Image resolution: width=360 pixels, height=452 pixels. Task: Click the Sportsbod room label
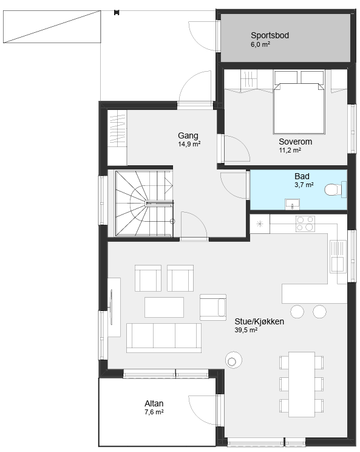click(x=270, y=35)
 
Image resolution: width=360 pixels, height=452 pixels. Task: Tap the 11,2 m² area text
click(x=290, y=150)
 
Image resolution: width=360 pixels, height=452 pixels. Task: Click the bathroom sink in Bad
click(x=293, y=204)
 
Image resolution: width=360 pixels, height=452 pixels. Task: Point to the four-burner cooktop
click(x=305, y=224)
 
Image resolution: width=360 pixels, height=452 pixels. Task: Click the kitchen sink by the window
click(x=338, y=256)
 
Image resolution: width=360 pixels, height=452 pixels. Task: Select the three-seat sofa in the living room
click(x=164, y=338)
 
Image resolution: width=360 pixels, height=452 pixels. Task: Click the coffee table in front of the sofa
click(x=164, y=307)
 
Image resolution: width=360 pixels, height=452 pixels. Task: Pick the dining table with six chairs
click(x=302, y=384)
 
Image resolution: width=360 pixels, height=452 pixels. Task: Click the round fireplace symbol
click(x=234, y=360)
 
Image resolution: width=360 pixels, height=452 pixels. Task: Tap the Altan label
click(x=154, y=403)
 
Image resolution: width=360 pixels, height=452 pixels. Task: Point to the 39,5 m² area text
click(x=246, y=330)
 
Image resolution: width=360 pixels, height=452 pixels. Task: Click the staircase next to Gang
click(x=144, y=204)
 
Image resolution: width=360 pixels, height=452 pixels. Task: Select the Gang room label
click(x=188, y=135)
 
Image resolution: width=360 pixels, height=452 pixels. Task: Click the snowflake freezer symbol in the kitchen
click(x=260, y=224)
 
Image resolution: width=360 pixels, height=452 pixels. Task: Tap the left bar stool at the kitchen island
click(x=297, y=311)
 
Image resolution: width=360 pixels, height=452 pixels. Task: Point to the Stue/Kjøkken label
click(x=259, y=321)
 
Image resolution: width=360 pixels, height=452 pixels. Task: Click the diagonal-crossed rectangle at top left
click(x=52, y=27)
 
